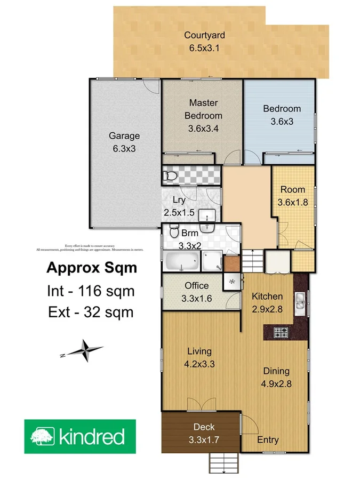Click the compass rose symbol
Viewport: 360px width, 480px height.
pos(85,351)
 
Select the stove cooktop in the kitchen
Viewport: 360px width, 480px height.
pos(281,332)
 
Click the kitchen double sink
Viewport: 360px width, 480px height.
pos(301,302)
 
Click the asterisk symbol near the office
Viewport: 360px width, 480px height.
pos(232,281)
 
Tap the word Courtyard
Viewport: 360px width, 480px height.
pos(204,36)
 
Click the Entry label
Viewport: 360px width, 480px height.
pos(268,439)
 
